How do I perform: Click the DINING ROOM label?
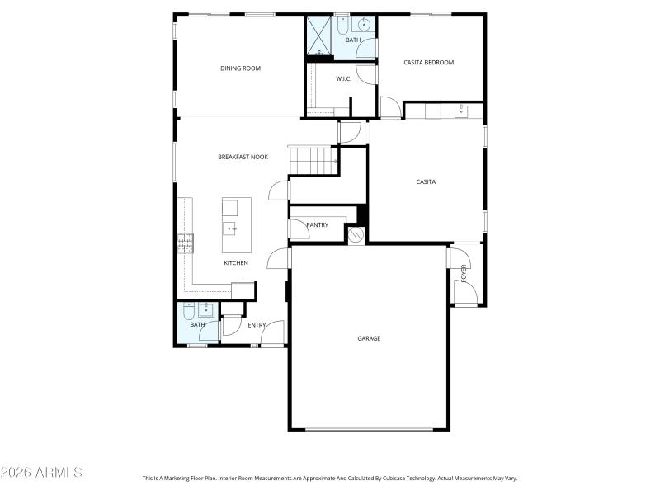(x=240, y=68)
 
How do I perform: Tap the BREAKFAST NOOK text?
(x=243, y=157)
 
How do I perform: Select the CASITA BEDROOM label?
(x=428, y=62)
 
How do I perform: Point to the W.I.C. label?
(x=344, y=78)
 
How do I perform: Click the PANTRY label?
(x=317, y=224)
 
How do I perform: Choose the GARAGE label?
(x=369, y=338)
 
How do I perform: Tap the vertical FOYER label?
(x=464, y=274)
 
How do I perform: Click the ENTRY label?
(x=257, y=325)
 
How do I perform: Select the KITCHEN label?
(x=236, y=263)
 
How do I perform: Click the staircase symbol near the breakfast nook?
(x=313, y=159)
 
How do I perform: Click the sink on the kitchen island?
(x=229, y=227)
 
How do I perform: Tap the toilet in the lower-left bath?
(x=188, y=310)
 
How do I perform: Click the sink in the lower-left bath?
(x=205, y=309)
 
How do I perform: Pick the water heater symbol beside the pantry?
(x=356, y=235)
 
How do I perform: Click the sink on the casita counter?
(x=460, y=111)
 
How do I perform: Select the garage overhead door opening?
(x=369, y=429)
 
